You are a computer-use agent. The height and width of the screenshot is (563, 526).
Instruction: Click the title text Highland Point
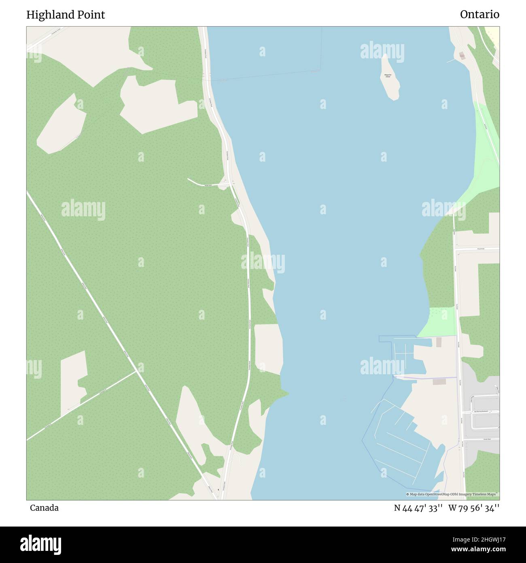[66, 15]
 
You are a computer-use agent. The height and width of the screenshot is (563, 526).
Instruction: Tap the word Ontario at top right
[479, 15]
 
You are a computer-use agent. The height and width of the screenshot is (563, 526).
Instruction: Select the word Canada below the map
[44, 508]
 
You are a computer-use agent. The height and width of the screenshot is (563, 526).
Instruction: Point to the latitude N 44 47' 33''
[418, 508]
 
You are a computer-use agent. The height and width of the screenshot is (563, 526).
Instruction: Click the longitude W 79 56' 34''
[474, 508]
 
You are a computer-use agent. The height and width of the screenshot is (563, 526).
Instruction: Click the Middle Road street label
[211, 185]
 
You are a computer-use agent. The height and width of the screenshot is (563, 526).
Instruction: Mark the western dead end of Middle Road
[188, 179]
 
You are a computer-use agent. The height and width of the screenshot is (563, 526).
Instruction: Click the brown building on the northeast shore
[462, 55]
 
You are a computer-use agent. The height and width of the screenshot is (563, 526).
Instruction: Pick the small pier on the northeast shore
[450, 61]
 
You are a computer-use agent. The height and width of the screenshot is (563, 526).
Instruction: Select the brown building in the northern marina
[439, 342]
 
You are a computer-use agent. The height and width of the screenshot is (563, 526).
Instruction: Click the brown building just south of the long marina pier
[439, 382]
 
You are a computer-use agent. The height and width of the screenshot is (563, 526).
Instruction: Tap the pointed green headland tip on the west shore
[288, 392]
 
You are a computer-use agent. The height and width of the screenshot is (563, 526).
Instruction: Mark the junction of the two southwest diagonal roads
[136, 371]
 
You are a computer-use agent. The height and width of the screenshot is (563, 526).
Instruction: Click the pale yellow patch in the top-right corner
[492, 32]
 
